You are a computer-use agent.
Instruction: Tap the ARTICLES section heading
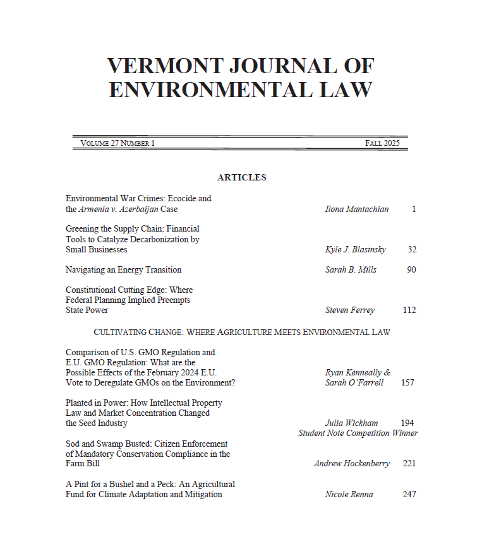coord(241,177)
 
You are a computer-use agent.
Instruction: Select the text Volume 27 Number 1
coord(117,143)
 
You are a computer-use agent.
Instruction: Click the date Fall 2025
coord(382,143)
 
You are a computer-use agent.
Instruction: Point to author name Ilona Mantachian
coord(357,209)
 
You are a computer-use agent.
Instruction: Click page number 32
coord(412,249)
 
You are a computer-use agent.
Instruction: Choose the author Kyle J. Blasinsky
coord(355,249)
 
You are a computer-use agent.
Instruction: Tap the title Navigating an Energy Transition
coord(123,269)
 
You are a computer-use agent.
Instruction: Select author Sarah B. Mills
coord(351,269)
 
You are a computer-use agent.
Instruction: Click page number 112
coord(409,310)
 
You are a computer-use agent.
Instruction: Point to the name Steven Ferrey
coord(349,310)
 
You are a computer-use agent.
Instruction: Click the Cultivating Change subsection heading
coord(241,332)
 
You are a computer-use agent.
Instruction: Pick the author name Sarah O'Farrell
coord(354,382)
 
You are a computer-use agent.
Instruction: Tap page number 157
coord(408,382)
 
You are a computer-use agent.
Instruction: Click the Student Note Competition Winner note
coord(358,433)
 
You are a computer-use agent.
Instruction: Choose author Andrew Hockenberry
coord(351,463)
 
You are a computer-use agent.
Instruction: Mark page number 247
coord(409,494)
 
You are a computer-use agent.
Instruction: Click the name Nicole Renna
coord(349,494)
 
